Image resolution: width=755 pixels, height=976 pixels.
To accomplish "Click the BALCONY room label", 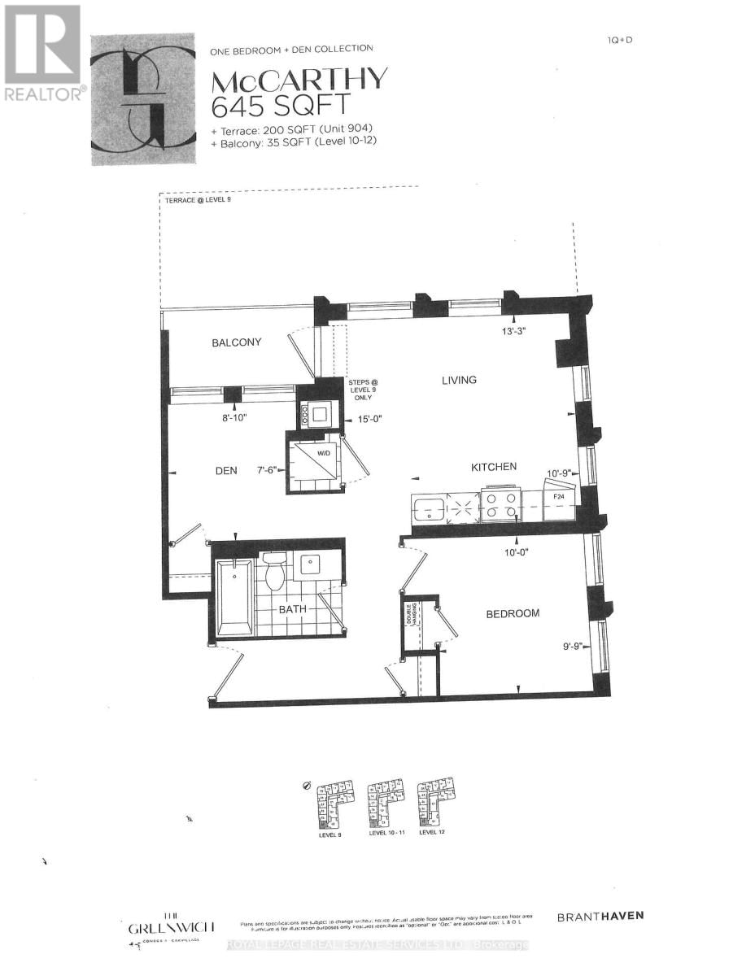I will pos(237,342).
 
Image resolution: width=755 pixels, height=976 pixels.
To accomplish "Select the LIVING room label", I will pos(459,380).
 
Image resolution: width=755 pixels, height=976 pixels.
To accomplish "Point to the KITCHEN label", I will pos(494,467).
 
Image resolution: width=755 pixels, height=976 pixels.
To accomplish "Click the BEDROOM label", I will pos(513,613).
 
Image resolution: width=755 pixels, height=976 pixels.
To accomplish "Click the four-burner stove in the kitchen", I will pos(500,506).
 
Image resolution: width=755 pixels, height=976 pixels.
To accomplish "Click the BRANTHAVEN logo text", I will pos(600,916).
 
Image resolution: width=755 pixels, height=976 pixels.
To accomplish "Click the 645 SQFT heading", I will pos(281,106).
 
